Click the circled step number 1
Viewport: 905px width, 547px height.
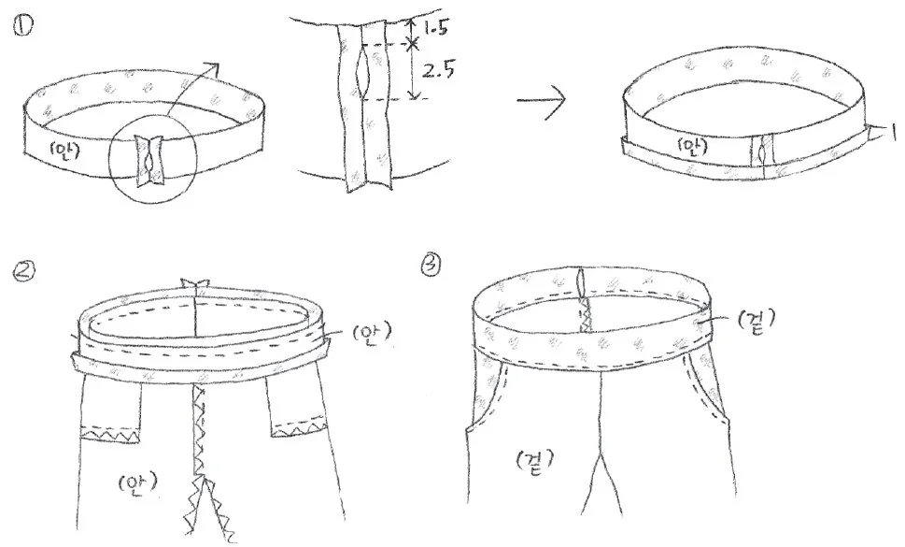click(22, 26)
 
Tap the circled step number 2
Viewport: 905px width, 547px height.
click(22, 271)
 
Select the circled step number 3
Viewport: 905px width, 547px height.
click(431, 265)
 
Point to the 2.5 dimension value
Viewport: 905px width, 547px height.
click(437, 70)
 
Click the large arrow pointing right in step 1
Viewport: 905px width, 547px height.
click(541, 100)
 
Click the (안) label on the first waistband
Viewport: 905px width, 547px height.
click(65, 151)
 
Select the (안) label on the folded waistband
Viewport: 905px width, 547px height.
click(691, 149)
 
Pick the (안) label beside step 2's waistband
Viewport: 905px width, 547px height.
click(371, 332)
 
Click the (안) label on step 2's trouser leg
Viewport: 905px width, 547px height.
click(139, 484)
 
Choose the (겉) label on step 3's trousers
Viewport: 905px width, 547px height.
click(534, 461)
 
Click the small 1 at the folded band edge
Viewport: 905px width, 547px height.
click(894, 132)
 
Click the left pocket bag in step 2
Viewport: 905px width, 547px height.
click(111, 410)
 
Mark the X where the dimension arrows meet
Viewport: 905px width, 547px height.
click(412, 43)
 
